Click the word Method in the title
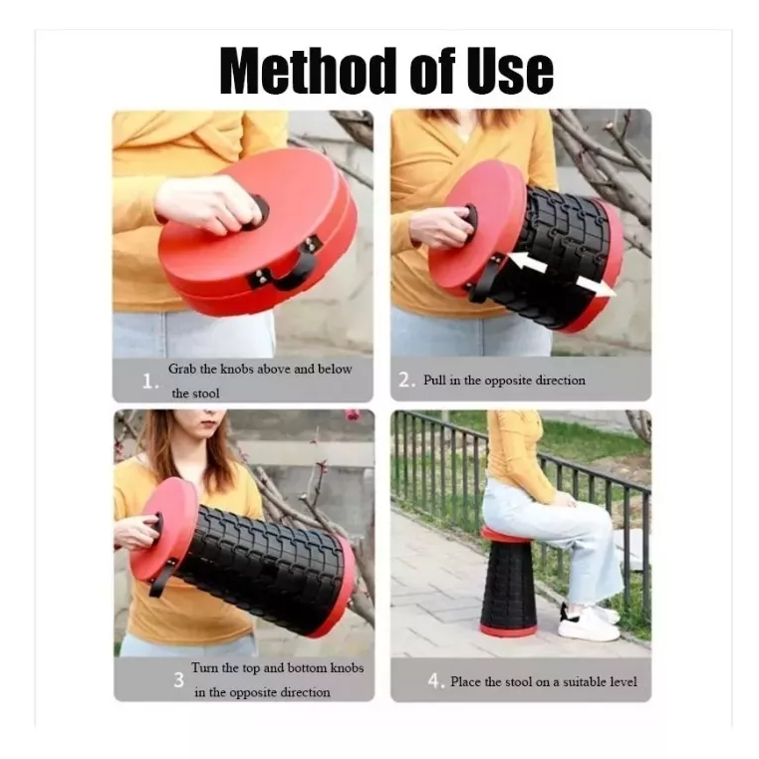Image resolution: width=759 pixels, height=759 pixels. pos(311,71)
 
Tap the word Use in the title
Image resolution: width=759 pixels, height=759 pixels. pos(510,71)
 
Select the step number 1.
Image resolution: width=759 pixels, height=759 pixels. pos(150,381)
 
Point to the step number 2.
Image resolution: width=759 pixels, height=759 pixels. pos(406,379)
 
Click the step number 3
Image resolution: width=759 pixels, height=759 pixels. pos(178,680)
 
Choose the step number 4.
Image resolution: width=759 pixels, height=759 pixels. pos(435,681)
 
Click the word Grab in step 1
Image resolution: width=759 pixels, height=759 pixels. pos(182,370)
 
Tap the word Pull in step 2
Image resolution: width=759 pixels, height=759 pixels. pos(434,379)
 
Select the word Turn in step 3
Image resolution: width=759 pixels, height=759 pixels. pos(205,668)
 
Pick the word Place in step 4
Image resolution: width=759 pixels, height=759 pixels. pos(466,681)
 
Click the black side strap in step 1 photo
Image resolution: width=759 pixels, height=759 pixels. pos(285,265)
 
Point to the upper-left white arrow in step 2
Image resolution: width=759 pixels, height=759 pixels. pos(529,262)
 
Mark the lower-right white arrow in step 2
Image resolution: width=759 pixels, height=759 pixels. pos(596,286)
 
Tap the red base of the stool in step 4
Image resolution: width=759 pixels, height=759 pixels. pos(508,631)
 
